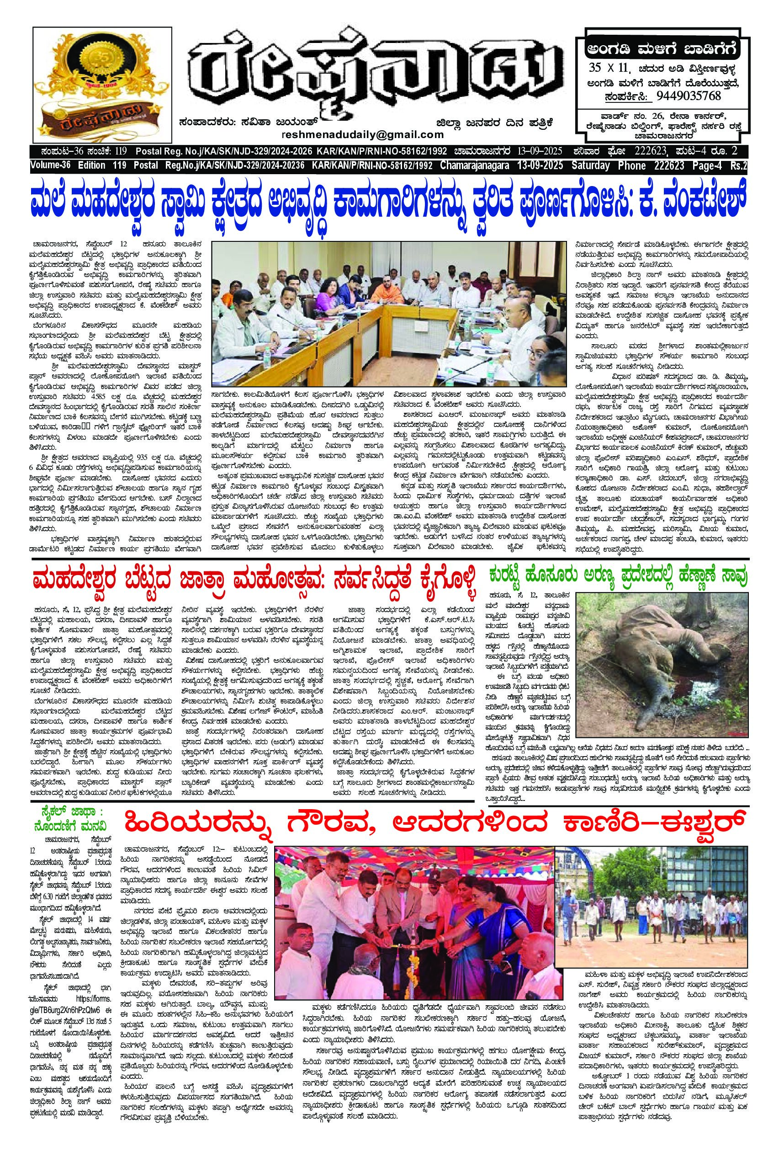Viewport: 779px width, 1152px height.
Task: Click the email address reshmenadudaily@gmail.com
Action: pos(362,135)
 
